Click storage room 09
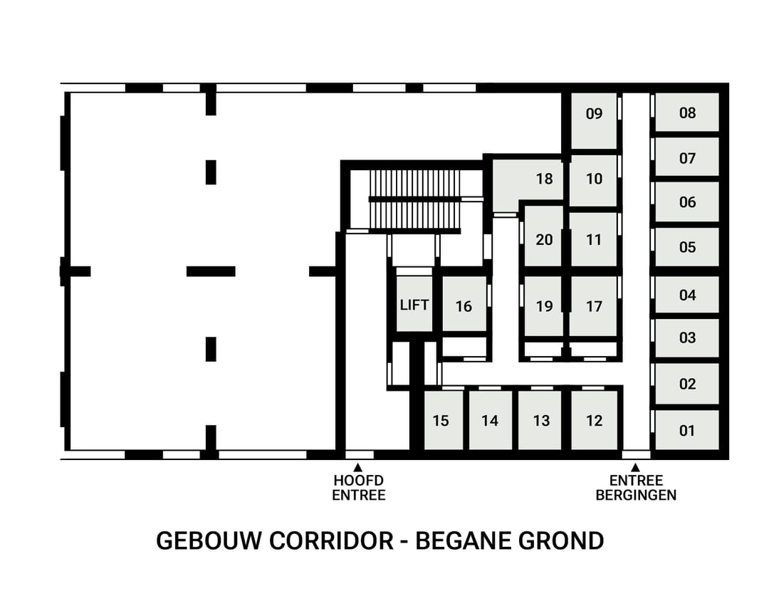pyautogui.click(x=594, y=114)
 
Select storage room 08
pyautogui.click(x=687, y=113)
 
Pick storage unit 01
pyautogui.click(x=687, y=430)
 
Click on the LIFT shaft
pyautogui.click(x=414, y=305)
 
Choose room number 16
pyautogui.click(x=464, y=306)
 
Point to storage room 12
pyautogui.click(x=594, y=420)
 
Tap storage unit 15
pyautogui.click(x=441, y=421)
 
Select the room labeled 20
pyautogui.click(x=544, y=240)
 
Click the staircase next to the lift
pyautogui.click(x=414, y=199)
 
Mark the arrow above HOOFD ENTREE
pyautogui.click(x=358, y=466)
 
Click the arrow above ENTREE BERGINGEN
pyautogui.click(x=635, y=466)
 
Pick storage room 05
pyautogui.click(x=687, y=248)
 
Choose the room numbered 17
pyautogui.click(x=594, y=306)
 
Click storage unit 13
pyautogui.click(x=541, y=421)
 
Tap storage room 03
pyautogui.click(x=687, y=338)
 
